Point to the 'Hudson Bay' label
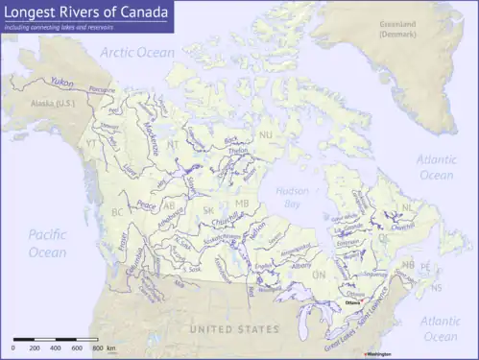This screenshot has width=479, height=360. pyautogui.click(x=291, y=196)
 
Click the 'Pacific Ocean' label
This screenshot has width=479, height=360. pyautogui.click(x=47, y=243)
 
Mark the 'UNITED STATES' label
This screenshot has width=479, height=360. pyautogui.click(x=234, y=329)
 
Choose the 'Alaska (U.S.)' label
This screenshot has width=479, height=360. pyautogui.click(x=51, y=102)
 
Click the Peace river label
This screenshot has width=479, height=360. pyautogui.click(x=146, y=204)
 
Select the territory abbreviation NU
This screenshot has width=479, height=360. pyautogui.click(x=266, y=135)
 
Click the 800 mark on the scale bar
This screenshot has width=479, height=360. pyautogui.click(x=98, y=348)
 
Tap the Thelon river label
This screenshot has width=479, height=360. pyautogui.click(x=238, y=151)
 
